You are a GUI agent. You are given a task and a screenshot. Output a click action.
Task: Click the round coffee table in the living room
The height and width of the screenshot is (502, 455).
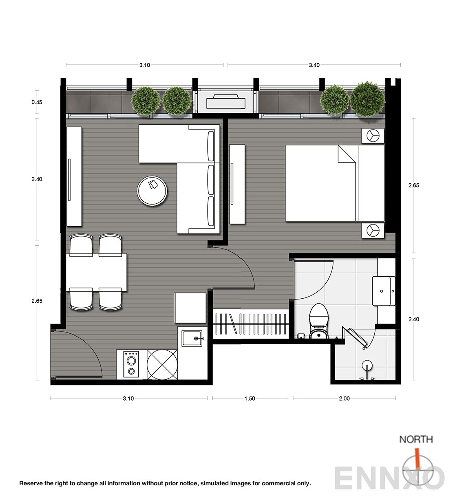tap(152, 191)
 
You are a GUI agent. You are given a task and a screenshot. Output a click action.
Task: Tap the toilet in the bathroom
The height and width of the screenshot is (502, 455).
tap(318, 321)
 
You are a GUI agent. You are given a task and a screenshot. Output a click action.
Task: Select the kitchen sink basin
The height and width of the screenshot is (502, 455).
tap(192, 338)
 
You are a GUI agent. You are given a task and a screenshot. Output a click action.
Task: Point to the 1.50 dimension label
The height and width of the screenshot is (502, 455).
tap(250, 399)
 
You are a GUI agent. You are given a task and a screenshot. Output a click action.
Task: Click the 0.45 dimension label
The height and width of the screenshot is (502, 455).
tap(37, 102)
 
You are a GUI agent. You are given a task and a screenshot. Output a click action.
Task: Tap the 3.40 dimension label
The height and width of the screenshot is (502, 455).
tap(314, 65)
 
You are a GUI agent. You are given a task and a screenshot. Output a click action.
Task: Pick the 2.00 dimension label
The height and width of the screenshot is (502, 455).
tap(345, 399)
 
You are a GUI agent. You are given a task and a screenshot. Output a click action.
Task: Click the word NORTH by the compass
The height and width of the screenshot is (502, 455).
tap(416, 439)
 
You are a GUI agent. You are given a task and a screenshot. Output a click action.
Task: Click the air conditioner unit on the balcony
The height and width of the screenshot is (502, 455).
tap(225, 101)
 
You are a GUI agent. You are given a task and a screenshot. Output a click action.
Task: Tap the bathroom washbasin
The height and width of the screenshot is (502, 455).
tap(384, 291)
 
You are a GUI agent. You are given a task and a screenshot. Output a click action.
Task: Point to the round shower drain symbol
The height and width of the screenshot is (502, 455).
tap(367, 365)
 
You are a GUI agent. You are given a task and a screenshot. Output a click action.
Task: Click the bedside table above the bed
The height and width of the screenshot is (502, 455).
tap(373, 136)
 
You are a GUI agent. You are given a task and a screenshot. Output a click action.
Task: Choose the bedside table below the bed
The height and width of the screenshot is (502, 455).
tap(373, 230)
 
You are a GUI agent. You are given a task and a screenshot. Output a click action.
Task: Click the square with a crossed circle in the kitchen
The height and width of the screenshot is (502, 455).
tap(162, 364)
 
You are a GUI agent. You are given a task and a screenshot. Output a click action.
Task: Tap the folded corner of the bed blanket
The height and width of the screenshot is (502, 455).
tap(346, 154)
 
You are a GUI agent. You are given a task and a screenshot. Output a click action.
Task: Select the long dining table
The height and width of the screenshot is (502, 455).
tap(96, 272)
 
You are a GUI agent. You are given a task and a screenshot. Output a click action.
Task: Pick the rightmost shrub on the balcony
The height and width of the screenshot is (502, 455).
tap(367, 99)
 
